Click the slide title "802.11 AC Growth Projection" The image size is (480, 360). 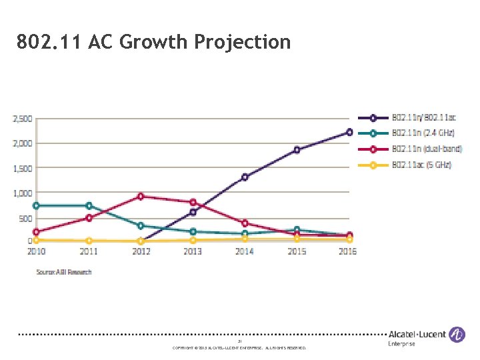[x=154, y=43]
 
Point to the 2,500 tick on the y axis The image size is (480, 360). [x=21, y=119]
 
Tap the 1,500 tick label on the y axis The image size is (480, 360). [x=21, y=169]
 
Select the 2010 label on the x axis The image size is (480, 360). [x=37, y=251]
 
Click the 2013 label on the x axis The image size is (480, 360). [x=192, y=251]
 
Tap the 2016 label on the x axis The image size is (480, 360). [x=347, y=251]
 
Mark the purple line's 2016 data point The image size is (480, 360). [x=349, y=132]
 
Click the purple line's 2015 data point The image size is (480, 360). [x=297, y=150]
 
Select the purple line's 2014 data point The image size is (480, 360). [x=245, y=177]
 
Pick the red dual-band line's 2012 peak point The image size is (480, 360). [x=140, y=196]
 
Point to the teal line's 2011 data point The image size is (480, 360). [x=89, y=205]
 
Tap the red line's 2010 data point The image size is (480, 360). [x=36, y=232]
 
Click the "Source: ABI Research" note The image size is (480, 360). [x=64, y=272]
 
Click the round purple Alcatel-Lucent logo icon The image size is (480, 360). [x=457, y=335]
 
